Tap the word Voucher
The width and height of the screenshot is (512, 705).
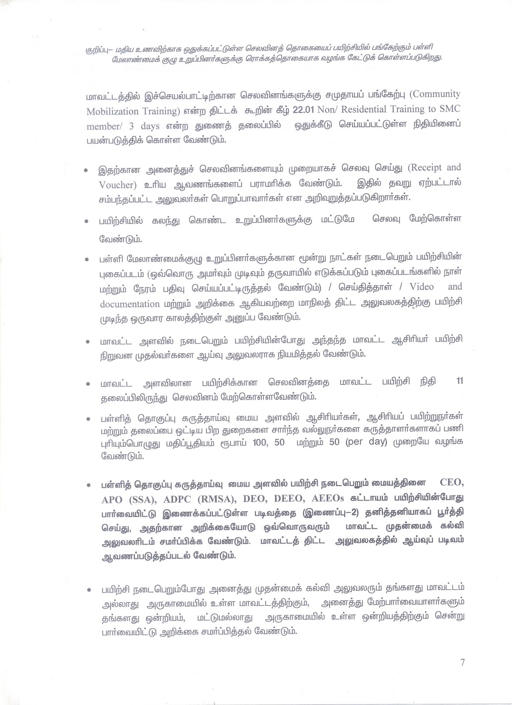pyautogui.click(x=115, y=185)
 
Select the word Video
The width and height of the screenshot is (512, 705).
pyautogui.click(x=421, y=286)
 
